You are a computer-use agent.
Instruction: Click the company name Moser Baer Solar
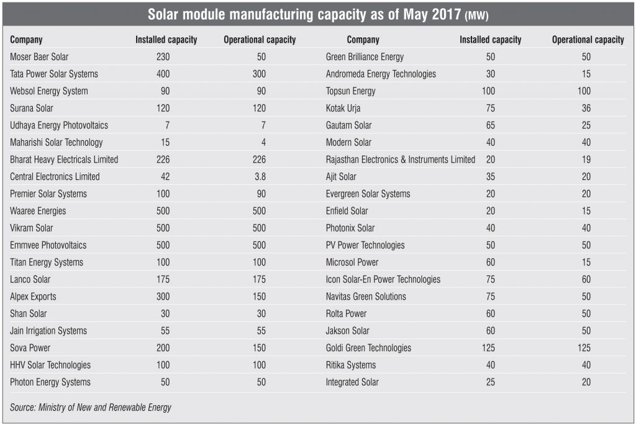coord(39,57)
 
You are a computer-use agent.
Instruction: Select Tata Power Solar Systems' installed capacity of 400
coord(162,74)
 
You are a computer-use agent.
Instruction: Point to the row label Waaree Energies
coord(38,211)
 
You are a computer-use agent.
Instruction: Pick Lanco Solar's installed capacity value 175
coord(162,279)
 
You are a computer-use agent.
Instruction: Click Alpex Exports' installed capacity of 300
coord(162,297)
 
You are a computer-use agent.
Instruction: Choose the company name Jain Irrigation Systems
coord(48,331)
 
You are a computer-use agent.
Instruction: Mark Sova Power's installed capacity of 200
coord(162,348)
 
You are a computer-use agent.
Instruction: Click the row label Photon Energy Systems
coord(50,382)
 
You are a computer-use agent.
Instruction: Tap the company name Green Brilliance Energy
coord(365,57)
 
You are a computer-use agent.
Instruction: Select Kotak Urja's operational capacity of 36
coord(585,109)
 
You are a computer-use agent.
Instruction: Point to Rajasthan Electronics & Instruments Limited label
coord(400,159)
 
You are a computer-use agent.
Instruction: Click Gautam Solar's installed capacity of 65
coord(490,125)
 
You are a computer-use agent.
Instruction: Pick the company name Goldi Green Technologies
coord(368,348)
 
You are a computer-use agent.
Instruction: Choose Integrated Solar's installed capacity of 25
coord(490,382)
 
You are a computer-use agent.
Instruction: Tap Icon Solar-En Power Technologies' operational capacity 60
coord(585,279)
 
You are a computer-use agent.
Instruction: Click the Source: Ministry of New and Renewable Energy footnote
coord(91,408)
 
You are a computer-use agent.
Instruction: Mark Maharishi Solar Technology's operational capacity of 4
coord(263,143)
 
